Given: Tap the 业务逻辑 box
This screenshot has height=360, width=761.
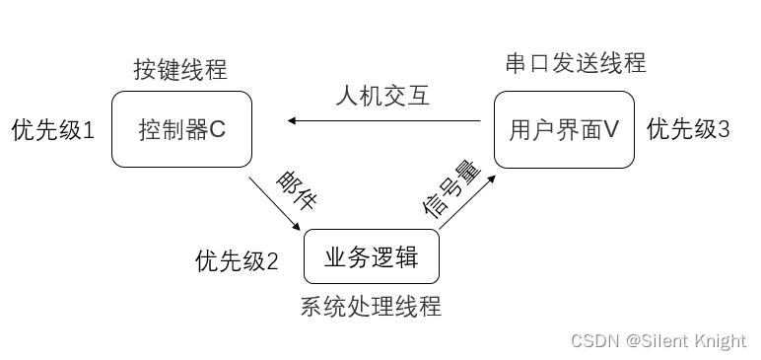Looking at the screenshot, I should [372, 257].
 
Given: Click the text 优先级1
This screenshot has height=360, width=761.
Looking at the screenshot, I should [52, 130].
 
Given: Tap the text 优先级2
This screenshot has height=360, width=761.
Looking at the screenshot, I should [237, 261].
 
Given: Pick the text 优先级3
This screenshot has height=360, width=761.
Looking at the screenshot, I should [688, 129].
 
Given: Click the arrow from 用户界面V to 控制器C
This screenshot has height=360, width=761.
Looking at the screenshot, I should [384, 121].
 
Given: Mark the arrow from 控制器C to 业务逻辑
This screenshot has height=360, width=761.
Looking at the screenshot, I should [277, 204].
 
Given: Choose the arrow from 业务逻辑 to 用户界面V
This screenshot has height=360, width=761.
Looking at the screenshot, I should [466, 204].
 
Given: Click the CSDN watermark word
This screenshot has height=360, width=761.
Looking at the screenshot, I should [592, 340].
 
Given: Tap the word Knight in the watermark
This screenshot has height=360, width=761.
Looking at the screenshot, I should [720, 340].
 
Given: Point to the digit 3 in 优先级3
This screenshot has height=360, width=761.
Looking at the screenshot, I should [724, 129].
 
